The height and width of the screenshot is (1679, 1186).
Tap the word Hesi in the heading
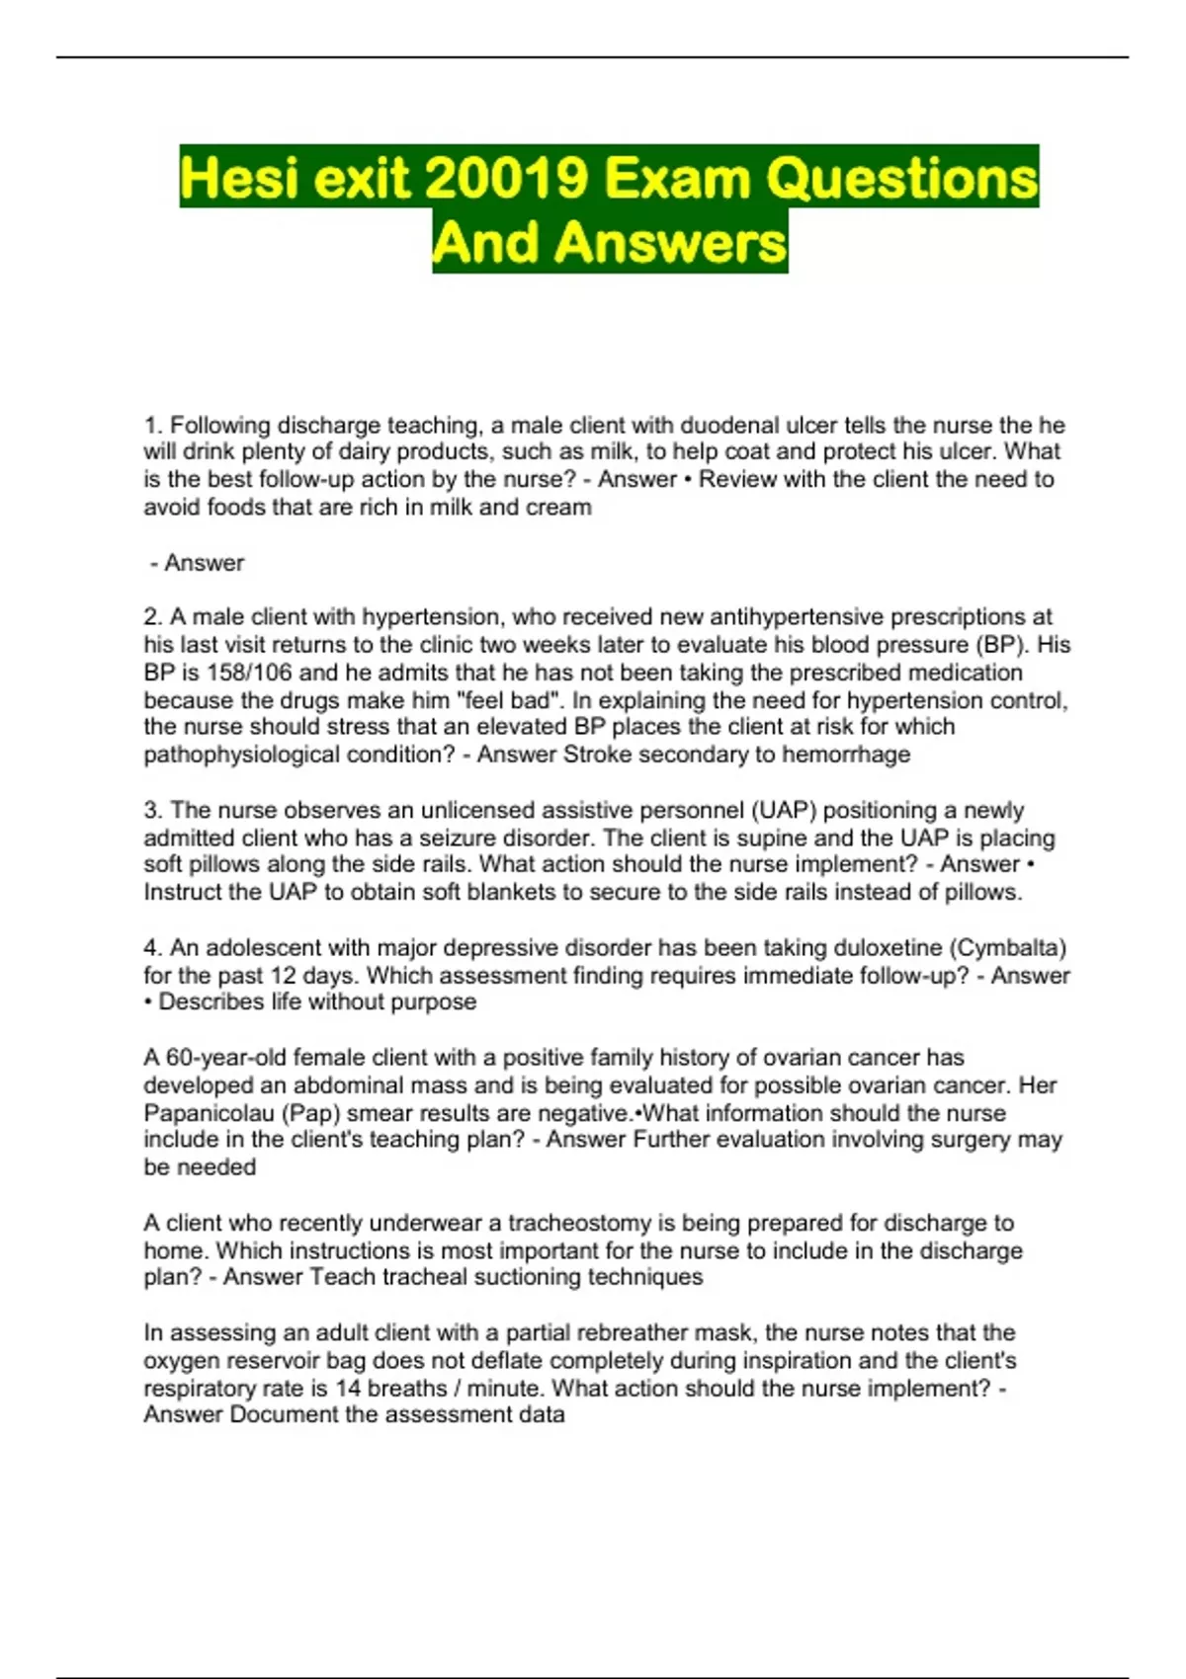pyautogui.click(x=237, y=178)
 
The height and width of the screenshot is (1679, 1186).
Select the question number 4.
pyautogui.click(x=151, y=948)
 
